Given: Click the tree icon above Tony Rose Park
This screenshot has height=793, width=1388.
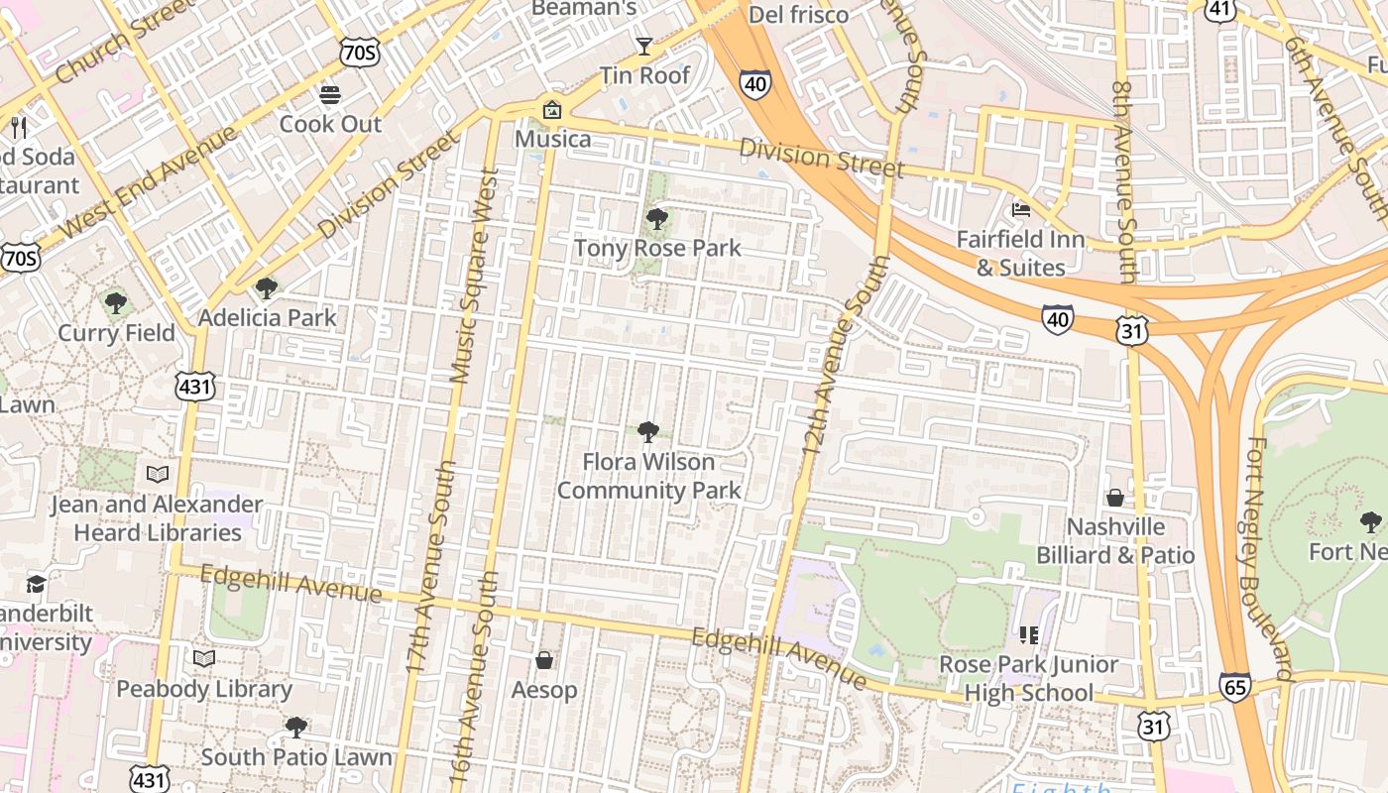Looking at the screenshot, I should [x=656, y=219].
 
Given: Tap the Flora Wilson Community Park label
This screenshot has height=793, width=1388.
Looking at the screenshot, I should [x=648, y=476].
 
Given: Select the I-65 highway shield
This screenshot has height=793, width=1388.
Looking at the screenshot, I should [x=1235, y=687].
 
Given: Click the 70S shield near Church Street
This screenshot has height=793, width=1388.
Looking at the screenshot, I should [x=358, y=53].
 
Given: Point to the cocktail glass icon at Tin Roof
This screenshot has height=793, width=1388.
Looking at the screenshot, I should [x=644, y=46].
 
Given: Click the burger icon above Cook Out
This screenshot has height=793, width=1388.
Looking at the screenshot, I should [x=330, y=95].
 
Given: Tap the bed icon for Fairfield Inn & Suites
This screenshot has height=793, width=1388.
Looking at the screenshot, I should [x=1020, y=209].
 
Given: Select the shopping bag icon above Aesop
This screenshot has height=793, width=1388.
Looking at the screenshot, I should [x=543, y=660].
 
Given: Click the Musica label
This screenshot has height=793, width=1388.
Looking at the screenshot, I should [x=552, y=139].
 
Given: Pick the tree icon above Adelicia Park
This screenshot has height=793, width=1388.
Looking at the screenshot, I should [x=266, y=288].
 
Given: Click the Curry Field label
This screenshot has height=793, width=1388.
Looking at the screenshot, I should [x=116, y=332].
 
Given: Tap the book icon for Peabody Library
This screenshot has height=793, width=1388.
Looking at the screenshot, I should [x=204, y=658].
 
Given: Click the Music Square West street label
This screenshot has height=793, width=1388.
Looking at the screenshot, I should [x=474, y=276].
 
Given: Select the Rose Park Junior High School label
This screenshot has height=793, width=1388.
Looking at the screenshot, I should [x=1028, y=678].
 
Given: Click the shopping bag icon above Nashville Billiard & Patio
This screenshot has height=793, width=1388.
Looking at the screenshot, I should [x=1115, y=497].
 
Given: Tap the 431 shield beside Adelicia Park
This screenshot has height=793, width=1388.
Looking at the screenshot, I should [x=194, y=387].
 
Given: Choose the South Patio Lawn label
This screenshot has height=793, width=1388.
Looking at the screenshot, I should [x=296, y=757].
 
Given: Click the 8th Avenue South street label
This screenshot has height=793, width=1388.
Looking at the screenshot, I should [x=1124, y=182].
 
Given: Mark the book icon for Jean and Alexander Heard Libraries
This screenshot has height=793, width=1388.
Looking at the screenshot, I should [x=158, y=474].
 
